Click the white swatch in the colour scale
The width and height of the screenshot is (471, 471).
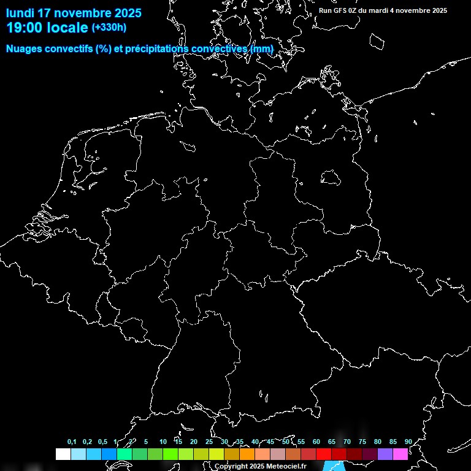coord(63,454)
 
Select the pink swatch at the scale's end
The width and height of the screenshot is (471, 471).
coord(400,454)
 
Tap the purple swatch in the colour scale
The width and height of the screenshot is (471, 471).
coord(385,454)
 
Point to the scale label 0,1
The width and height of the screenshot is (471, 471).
coord(72,442)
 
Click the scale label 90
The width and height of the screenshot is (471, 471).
coord(408,442)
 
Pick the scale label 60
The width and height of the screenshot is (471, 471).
coord(316,442)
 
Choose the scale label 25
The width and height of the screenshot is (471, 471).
coord(209,442)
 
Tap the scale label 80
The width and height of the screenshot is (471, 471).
coord(378,442)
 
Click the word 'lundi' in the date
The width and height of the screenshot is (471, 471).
coord(20,13)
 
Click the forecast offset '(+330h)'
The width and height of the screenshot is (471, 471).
coord(109,28)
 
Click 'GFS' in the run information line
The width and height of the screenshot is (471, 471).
coord(342,10)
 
